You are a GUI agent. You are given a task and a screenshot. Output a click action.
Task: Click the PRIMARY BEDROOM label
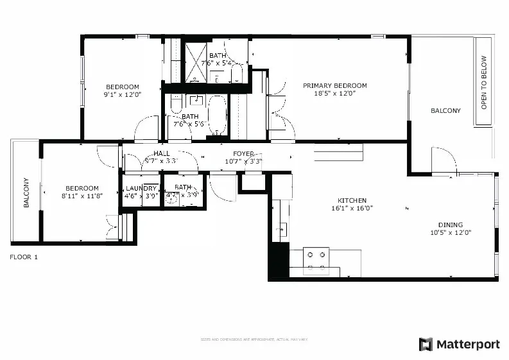334,86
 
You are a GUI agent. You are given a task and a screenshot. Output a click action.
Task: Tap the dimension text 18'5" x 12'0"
334,94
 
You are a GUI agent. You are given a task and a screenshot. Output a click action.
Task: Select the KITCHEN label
352,200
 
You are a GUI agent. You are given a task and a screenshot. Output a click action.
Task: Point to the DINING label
450,225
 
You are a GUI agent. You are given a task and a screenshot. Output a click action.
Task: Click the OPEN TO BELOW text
484,83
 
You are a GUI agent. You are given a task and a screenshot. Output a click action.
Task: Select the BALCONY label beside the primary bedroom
445,111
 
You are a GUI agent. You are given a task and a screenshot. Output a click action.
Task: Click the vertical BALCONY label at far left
26,193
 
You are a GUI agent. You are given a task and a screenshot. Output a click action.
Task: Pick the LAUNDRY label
141,188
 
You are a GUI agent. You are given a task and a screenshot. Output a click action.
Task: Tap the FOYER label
243,154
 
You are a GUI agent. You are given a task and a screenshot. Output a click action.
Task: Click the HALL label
161,154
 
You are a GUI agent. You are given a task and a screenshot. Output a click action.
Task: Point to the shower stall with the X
195,62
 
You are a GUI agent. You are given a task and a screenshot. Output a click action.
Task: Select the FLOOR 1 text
24,257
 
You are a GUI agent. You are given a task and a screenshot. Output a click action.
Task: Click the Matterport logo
459,345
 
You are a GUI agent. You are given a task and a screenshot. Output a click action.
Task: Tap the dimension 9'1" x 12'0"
122,94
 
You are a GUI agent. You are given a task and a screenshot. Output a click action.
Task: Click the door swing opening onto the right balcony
443,161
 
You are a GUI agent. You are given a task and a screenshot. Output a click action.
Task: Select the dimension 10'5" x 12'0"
450,233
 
